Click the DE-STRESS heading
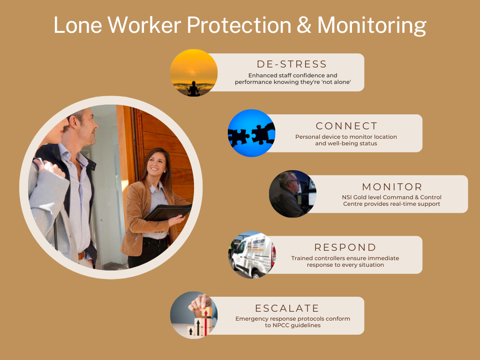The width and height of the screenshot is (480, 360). coord(292,64)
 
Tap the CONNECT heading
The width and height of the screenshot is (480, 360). coord(347,126)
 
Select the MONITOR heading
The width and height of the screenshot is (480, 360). coord(392,187)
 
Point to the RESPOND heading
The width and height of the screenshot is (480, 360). coord(345,247)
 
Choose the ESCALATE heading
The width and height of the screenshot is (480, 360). coord(287,308)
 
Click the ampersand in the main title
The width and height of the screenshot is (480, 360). coord(304,25)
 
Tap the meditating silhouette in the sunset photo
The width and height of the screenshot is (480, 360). coord(194,89)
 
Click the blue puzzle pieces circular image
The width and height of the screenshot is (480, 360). coord(251,133)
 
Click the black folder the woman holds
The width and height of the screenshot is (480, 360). coord(168,212)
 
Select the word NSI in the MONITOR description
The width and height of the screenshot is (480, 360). coord(347,197)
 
